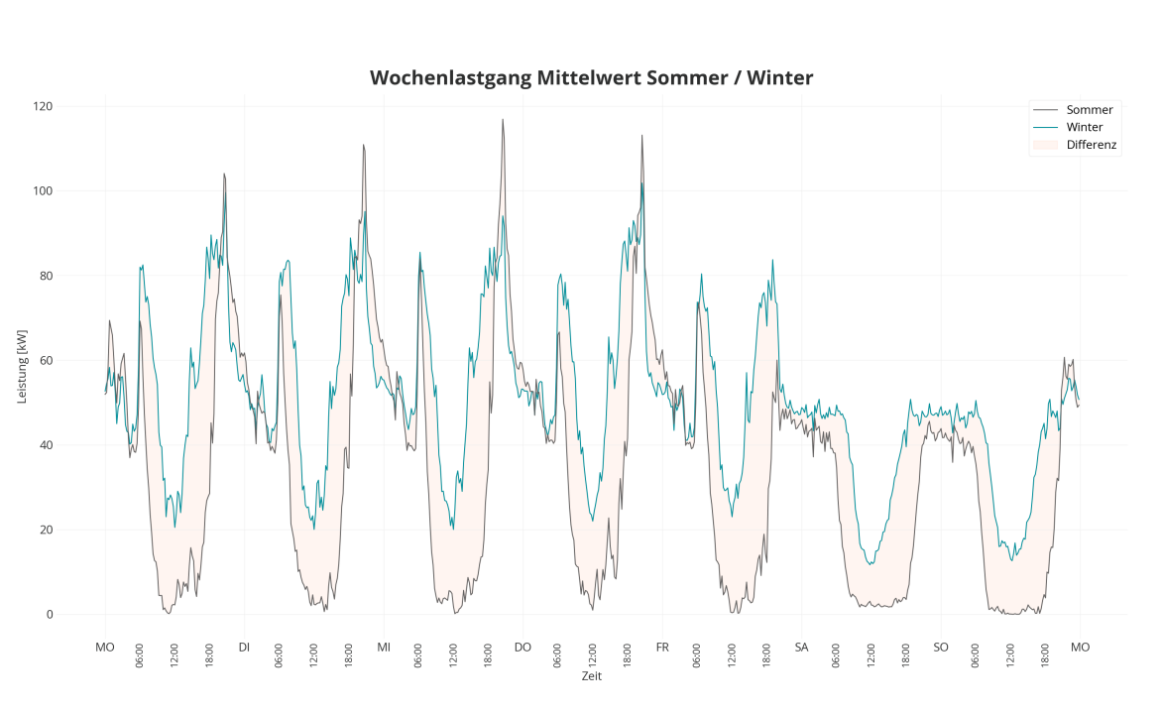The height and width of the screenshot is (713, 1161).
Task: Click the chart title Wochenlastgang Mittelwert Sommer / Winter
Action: coord(591,77)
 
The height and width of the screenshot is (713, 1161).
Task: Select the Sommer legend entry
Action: coord(1089,110)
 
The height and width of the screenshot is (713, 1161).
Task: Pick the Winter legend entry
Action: coord(1084,128)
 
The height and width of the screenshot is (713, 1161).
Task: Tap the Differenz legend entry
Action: coord(1092,146)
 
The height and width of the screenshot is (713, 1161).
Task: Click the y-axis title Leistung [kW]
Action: coord(22,361)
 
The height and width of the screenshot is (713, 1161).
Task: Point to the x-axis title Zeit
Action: coord(591,676)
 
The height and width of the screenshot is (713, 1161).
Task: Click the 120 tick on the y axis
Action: coord(43,106)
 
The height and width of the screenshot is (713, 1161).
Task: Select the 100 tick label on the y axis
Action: coord(43,191)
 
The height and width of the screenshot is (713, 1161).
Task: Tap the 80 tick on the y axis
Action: coord(46,276)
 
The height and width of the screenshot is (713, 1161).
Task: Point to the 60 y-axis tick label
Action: coord(46,361)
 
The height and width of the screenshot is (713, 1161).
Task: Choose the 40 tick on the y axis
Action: coord(46,445)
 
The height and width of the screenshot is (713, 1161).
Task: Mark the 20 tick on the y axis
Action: coord(46,530)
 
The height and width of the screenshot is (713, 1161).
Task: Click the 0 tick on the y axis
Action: coord(50,615)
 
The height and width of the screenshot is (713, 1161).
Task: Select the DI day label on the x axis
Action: coord(244,648)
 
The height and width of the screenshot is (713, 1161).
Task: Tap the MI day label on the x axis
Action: coord(384,648)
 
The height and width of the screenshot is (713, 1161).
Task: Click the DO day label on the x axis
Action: coord(522,648)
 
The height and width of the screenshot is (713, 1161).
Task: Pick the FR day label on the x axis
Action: coord(662,648)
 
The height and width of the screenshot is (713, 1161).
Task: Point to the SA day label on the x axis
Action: coord(801,648)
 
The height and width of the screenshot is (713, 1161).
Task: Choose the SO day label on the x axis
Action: coord(941,648)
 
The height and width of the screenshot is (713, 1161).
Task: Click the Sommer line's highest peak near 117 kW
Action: coord(503,120)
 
